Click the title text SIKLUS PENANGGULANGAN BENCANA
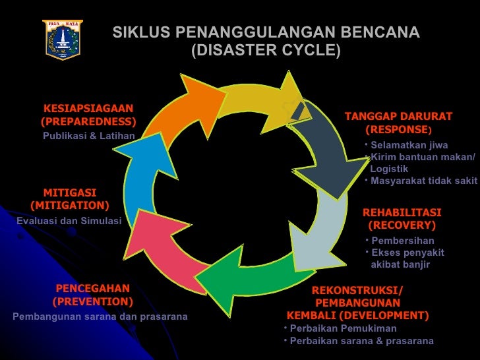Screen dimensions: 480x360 [266, 33]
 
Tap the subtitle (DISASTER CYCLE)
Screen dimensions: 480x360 [266, 50]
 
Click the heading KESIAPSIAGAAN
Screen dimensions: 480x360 [88, 108]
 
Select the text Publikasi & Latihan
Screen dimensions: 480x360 [88, 136]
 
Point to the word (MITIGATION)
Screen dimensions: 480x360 [69, 206]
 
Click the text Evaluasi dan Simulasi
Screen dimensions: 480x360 [69, 221]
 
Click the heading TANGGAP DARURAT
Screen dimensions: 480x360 [398, 117]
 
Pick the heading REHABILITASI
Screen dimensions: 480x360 [402, 212]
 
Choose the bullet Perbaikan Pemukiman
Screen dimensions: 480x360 [343, 328]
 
